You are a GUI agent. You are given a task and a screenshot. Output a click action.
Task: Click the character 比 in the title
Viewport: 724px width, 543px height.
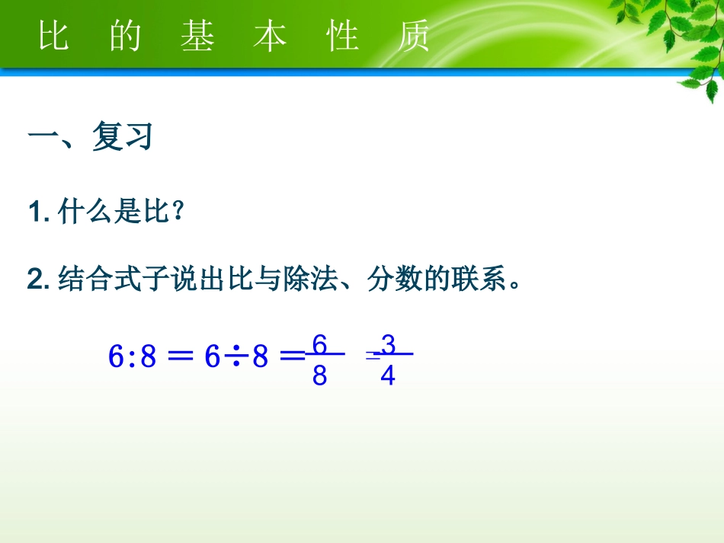53,37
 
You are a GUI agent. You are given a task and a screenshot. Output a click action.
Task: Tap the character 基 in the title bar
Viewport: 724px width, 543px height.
197,37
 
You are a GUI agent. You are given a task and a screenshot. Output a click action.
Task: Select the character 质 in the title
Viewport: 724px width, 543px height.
414,37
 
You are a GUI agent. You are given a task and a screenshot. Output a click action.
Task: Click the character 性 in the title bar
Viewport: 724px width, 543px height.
343,37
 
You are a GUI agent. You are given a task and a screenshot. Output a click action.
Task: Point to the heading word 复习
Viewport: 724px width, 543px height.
123,137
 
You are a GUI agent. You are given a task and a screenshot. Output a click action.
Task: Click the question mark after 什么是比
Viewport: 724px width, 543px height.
178,213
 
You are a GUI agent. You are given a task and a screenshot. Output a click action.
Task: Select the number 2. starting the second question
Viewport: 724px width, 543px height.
39,280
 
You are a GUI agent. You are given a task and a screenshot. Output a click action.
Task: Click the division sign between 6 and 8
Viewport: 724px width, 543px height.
237,356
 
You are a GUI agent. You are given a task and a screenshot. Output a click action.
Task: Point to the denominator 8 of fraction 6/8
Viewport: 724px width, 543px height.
319,376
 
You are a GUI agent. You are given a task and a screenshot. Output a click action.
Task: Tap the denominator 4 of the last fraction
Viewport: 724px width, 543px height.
388,376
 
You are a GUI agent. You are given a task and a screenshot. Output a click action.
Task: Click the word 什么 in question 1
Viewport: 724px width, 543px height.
79,213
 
